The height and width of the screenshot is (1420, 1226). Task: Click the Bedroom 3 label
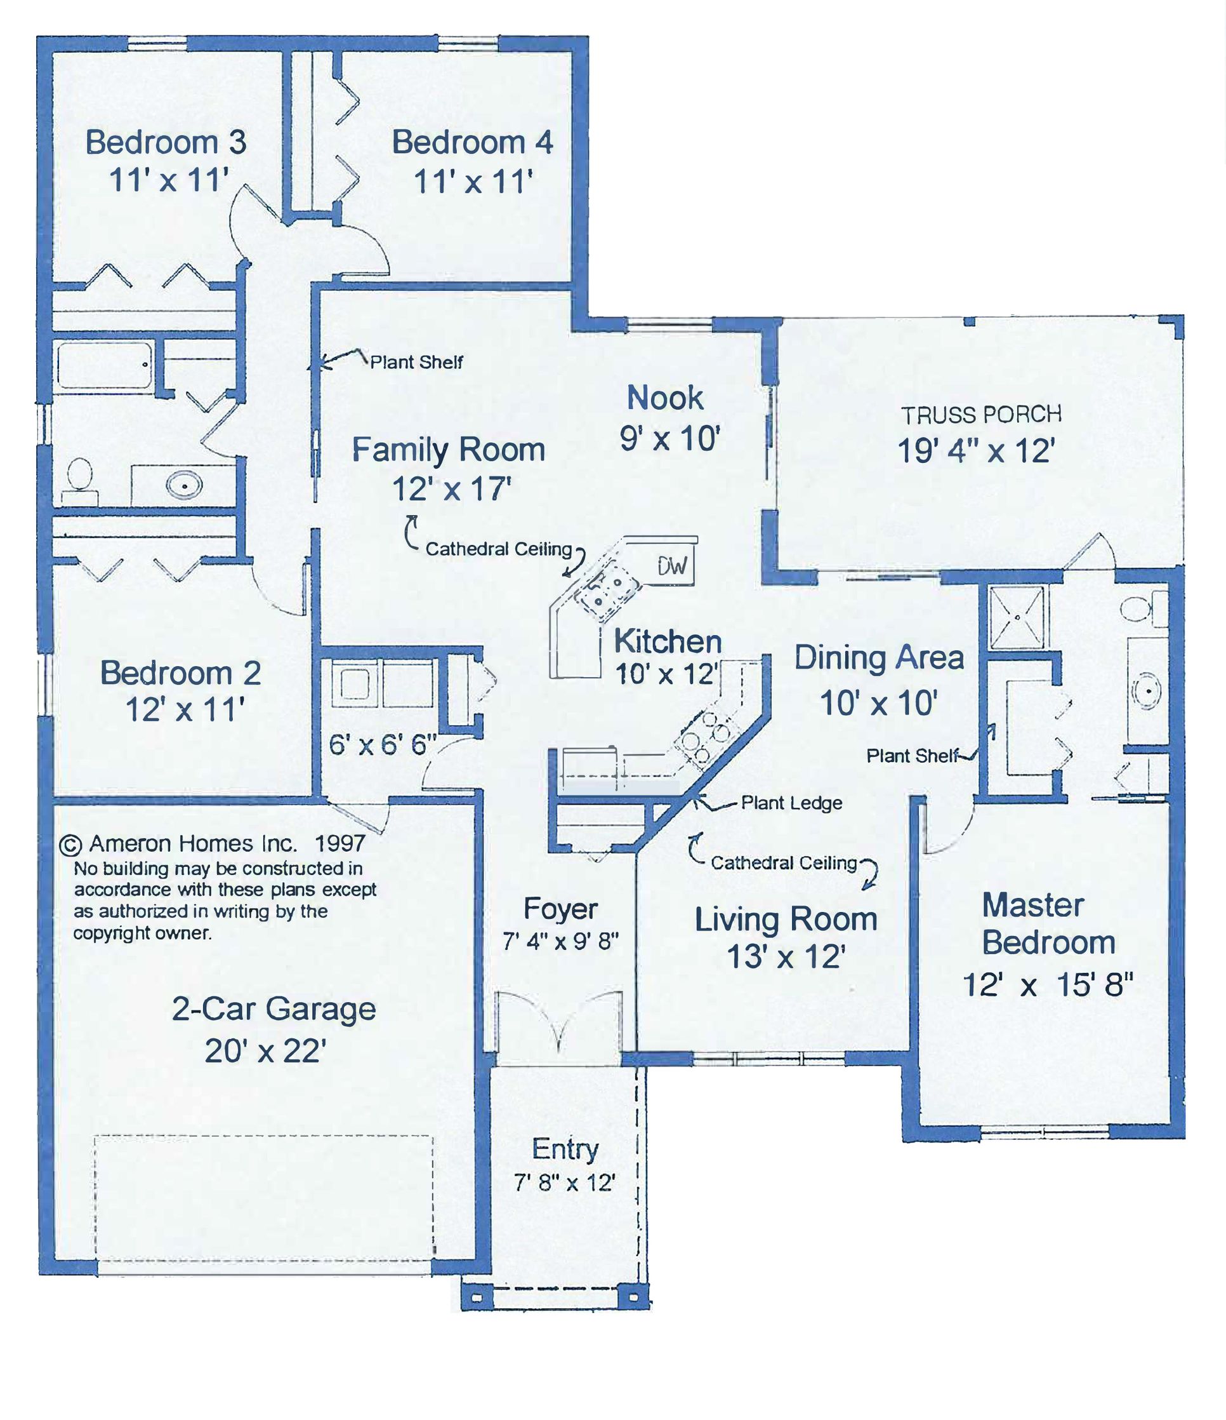[x=166, y=142]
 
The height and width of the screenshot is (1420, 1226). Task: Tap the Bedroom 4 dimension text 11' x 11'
[x=473, y=182]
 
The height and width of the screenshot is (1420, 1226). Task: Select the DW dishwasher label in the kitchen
[x=672, y=566]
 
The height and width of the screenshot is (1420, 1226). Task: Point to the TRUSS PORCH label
[x=981, y=415]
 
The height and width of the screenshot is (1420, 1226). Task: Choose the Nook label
[x=665, y=398]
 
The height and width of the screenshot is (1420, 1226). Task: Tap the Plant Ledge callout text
[x=792, y=803]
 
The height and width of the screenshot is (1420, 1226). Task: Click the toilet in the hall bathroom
[x=81, y=476]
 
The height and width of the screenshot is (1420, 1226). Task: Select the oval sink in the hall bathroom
[x=185, y=486]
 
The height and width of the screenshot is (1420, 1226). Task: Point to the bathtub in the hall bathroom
[x=105, y=366]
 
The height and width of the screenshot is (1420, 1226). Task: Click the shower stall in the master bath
[x=1018, y=617]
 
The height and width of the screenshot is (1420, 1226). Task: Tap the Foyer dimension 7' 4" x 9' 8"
[x=560, y=942]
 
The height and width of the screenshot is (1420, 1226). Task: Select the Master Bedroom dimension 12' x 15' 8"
[x=1048, y=985]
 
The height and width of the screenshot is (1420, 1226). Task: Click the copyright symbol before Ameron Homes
[x=70, y=845]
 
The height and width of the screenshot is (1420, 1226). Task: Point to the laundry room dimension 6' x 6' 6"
[x=382, y=744]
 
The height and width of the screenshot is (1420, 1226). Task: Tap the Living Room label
[x=786, y=919]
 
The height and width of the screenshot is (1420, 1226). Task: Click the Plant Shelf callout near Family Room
[x=416, y=362]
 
